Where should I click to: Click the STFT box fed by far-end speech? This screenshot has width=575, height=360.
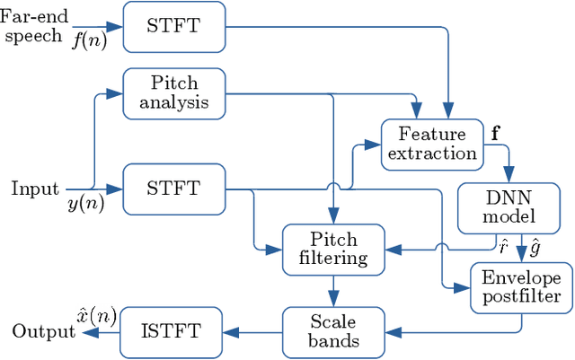(172, 26)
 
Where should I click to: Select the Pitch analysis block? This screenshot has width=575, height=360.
(172, 92)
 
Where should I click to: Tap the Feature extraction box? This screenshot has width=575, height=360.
(432, 144)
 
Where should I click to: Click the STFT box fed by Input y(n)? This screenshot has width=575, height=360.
(172, 189)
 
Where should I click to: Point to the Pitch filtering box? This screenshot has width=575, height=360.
(333, 250)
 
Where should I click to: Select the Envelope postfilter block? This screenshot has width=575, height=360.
(521, 286)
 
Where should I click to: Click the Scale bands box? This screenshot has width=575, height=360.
(333, 331)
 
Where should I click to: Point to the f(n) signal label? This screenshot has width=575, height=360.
(88, 40)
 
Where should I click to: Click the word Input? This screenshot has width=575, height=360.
(34, 189)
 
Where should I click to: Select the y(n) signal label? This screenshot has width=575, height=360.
(85, 204)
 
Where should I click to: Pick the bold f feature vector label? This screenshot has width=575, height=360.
(495, 135)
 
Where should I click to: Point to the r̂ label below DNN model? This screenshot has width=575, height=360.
(503, 243)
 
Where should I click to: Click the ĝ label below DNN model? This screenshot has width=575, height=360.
(535, 243)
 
